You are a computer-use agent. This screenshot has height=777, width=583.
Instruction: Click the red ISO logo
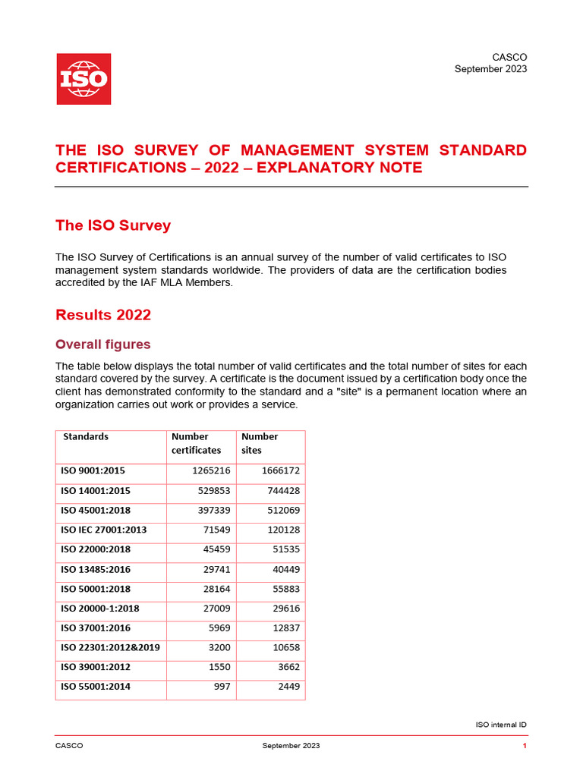[84, 79]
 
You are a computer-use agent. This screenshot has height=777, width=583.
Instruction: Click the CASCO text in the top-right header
[509, 57]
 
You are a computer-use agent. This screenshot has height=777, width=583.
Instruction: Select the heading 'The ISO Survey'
[113, 225]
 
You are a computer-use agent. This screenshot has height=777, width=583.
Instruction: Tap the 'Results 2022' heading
[103, 315]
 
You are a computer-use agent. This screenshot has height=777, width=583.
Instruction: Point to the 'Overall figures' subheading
[103, 344]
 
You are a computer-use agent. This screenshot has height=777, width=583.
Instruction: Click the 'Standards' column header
[85, 436]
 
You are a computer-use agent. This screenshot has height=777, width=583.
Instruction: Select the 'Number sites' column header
[259, 443]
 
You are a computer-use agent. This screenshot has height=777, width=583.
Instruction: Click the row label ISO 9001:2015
[92, 470]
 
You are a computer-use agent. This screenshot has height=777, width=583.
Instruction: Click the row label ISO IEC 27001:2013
[103, 530]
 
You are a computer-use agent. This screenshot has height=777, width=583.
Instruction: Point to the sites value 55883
[284, 589]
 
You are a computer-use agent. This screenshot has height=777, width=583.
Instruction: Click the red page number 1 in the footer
[525, 746]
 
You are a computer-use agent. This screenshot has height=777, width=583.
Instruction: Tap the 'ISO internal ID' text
[500, 725]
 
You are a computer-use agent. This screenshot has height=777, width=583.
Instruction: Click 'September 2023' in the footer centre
[291, 746]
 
